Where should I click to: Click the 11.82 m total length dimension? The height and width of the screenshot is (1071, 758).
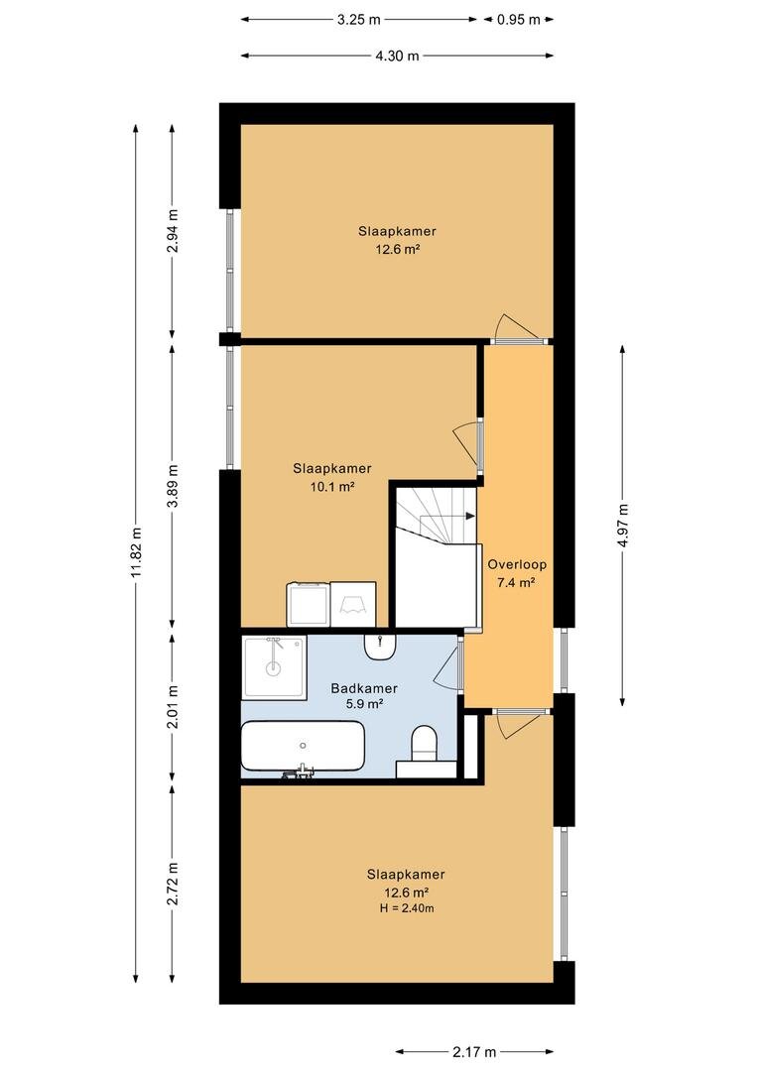[136, 552]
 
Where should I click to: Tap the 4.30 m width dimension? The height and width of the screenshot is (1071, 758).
[397, 56]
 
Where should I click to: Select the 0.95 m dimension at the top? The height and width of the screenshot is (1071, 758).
[519, 20]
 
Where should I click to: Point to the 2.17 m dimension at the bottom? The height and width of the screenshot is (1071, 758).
[474, 1052]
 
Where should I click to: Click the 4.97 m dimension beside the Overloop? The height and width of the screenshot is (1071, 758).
[622, 526]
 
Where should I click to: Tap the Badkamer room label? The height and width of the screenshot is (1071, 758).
[364, 688]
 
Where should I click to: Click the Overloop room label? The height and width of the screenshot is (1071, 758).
[517, 565]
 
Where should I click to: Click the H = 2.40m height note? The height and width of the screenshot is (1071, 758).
[408, 908]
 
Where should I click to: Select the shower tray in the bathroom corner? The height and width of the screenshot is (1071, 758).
[274, 667]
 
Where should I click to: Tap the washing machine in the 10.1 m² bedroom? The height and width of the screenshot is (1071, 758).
[309, 604]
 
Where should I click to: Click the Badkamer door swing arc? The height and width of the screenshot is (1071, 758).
[447, 667]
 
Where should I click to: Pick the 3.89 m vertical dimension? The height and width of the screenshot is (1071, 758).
[173, 486]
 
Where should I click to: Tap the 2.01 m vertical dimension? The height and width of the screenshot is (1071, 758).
[173, 706]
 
